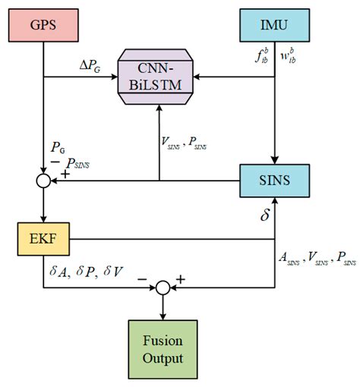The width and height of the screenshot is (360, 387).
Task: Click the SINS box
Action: coord(272,182)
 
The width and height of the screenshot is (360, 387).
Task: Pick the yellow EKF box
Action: coord(41,239)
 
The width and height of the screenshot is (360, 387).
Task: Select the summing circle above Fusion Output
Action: coord(162,287)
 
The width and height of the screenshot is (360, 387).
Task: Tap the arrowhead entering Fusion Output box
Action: coord(162,315)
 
